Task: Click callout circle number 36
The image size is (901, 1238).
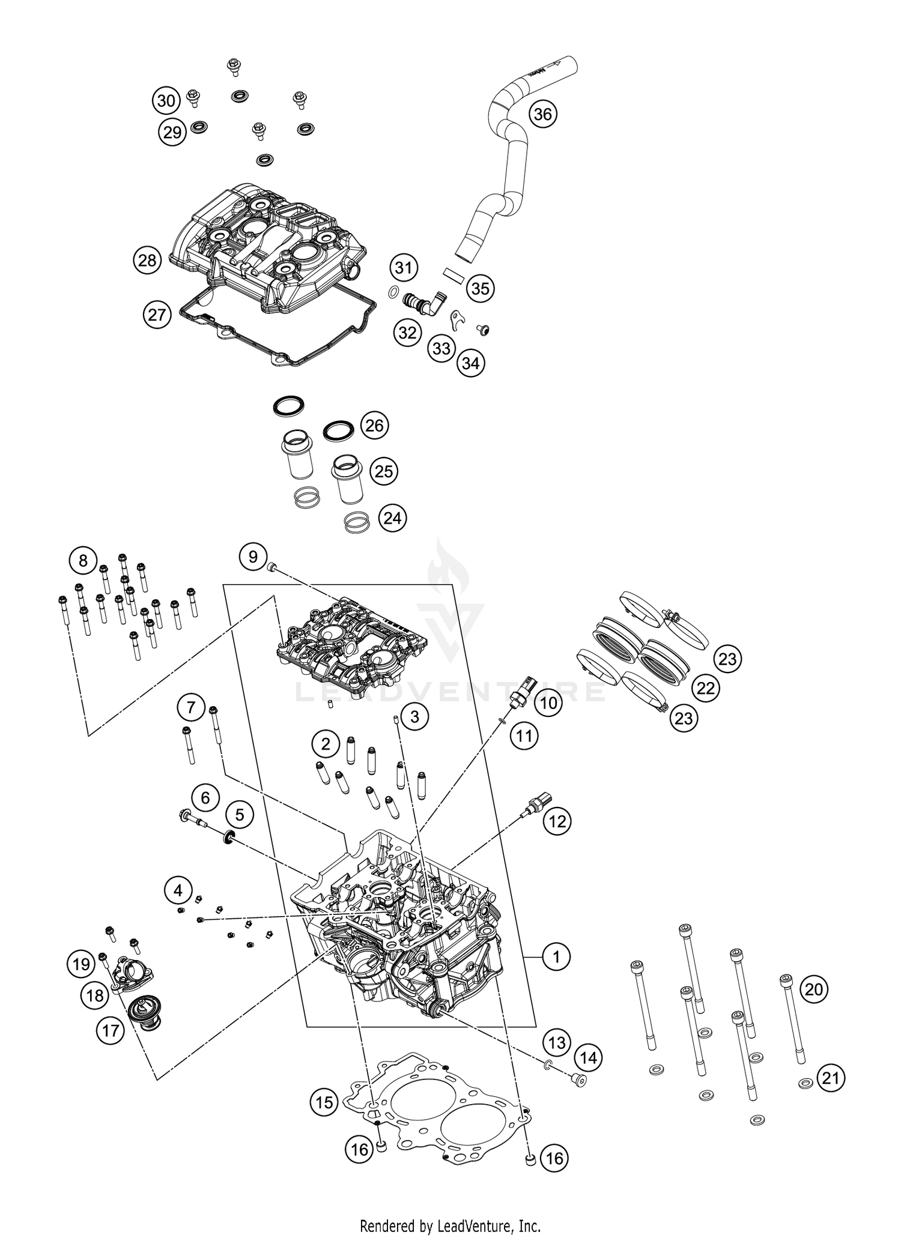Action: pos(542,114)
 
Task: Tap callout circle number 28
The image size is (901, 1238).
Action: pos(147,261)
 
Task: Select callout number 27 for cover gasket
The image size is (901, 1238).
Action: pos(157,314)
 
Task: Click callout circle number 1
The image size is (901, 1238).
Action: pos(556,956)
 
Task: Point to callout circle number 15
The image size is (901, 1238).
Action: pos(324,1102)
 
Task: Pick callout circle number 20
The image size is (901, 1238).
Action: pos(813,989)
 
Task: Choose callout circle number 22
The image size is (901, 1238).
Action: pos(706,688)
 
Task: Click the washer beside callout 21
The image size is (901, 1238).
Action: pos(804,1084)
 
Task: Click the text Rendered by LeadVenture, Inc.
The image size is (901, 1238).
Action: pos(450,1225)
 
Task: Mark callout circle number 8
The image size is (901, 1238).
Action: pos(83,561)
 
